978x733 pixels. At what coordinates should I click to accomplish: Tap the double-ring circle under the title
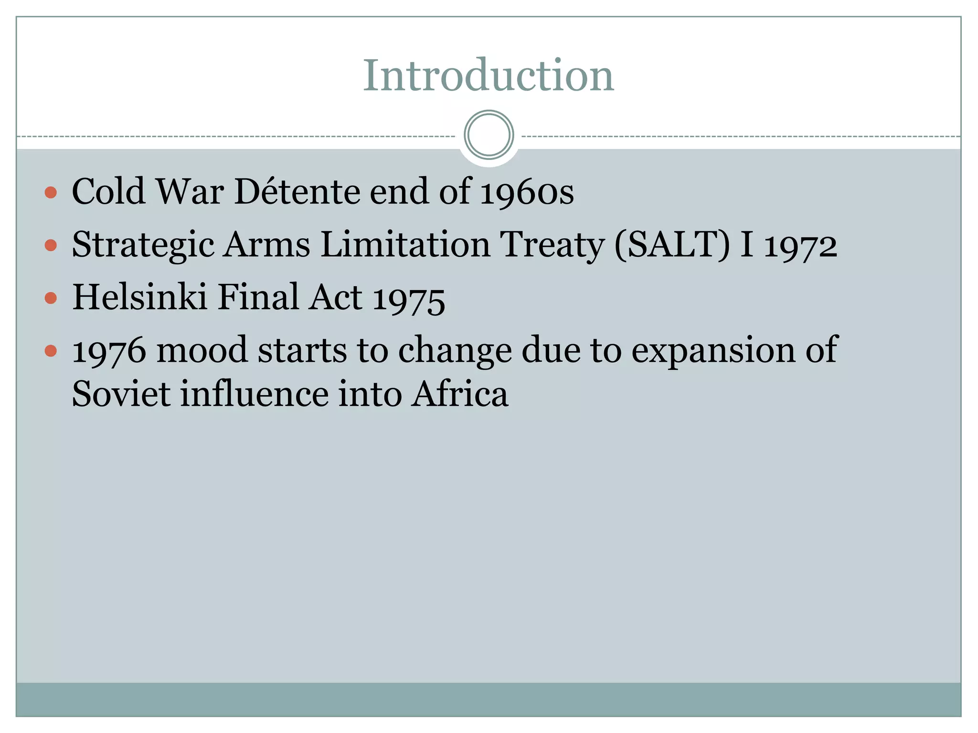489,135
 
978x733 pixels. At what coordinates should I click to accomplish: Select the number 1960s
527,192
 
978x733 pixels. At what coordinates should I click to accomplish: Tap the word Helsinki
139,297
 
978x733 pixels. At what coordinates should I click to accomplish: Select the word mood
202,350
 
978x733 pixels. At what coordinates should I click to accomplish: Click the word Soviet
121,394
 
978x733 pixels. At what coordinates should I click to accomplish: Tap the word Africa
460,394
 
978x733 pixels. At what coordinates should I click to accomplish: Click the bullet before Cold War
51,193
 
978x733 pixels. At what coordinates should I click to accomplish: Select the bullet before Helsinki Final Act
51,299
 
